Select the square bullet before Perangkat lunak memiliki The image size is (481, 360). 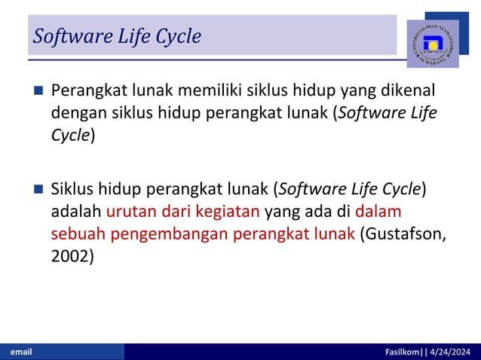[x=38, y=93]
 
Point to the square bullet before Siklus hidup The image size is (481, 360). [x=38, y=189]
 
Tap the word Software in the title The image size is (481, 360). [x=66, y=35]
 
